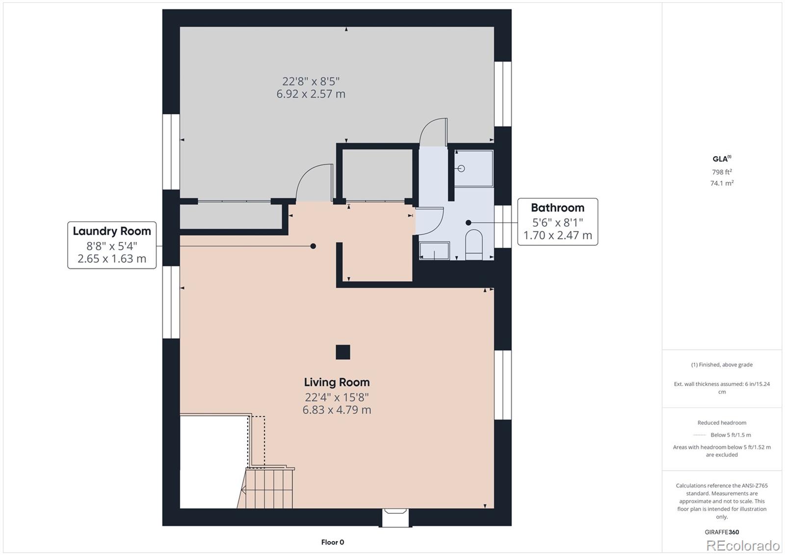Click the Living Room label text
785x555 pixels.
click(337, 382)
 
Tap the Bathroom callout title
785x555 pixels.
click(557, 208)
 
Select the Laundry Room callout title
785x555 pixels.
click(112, 231)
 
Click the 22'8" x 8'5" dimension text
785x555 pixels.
click(311, 81)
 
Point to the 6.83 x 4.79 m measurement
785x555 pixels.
click(337, 410)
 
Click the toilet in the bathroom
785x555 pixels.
click(473, 244)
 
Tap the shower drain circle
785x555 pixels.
click(461, 168)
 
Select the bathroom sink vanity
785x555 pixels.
click(434, 250)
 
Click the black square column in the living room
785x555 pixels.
click(342, 352)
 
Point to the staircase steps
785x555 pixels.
click(267, 488)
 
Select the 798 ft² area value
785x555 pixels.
click(722, 172)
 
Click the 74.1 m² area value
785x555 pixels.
click(722, 183)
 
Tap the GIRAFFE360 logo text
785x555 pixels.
click(722, 532)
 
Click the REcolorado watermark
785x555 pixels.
click(742, 545)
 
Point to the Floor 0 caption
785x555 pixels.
click(333, 542)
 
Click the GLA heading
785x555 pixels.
click(721, 159)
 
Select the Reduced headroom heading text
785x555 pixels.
click(722, 423)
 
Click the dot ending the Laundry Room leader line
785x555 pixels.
click(313, 246)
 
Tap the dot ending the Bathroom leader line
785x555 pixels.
click(469, 222)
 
